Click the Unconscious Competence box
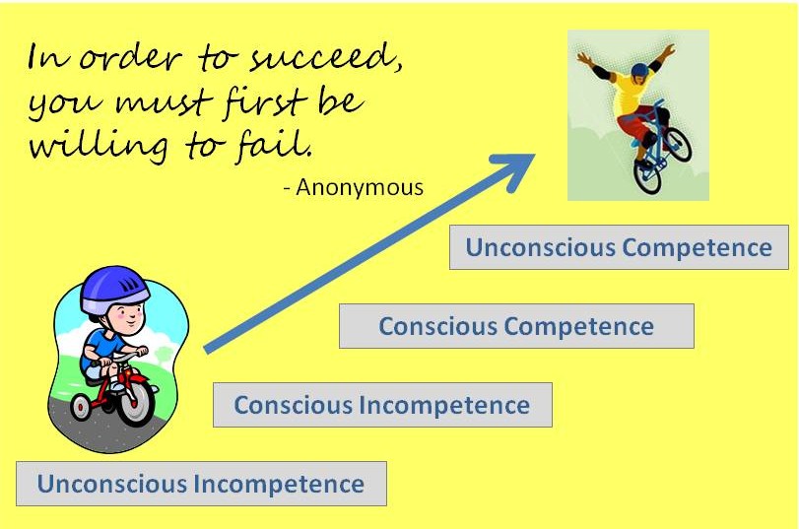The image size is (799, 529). tap(619, 247)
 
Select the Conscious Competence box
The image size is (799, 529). tap(516, 326)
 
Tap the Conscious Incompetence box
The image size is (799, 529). tap(382, 405)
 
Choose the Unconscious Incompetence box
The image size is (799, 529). tap(201, 484)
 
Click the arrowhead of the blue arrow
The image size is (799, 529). tap(521, 164)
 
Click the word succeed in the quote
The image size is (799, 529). tap(335, 60)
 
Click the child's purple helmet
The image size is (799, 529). tap(113, 287)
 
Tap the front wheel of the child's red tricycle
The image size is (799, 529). tap(135, 403)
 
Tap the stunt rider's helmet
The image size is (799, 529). tap(640, 71)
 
